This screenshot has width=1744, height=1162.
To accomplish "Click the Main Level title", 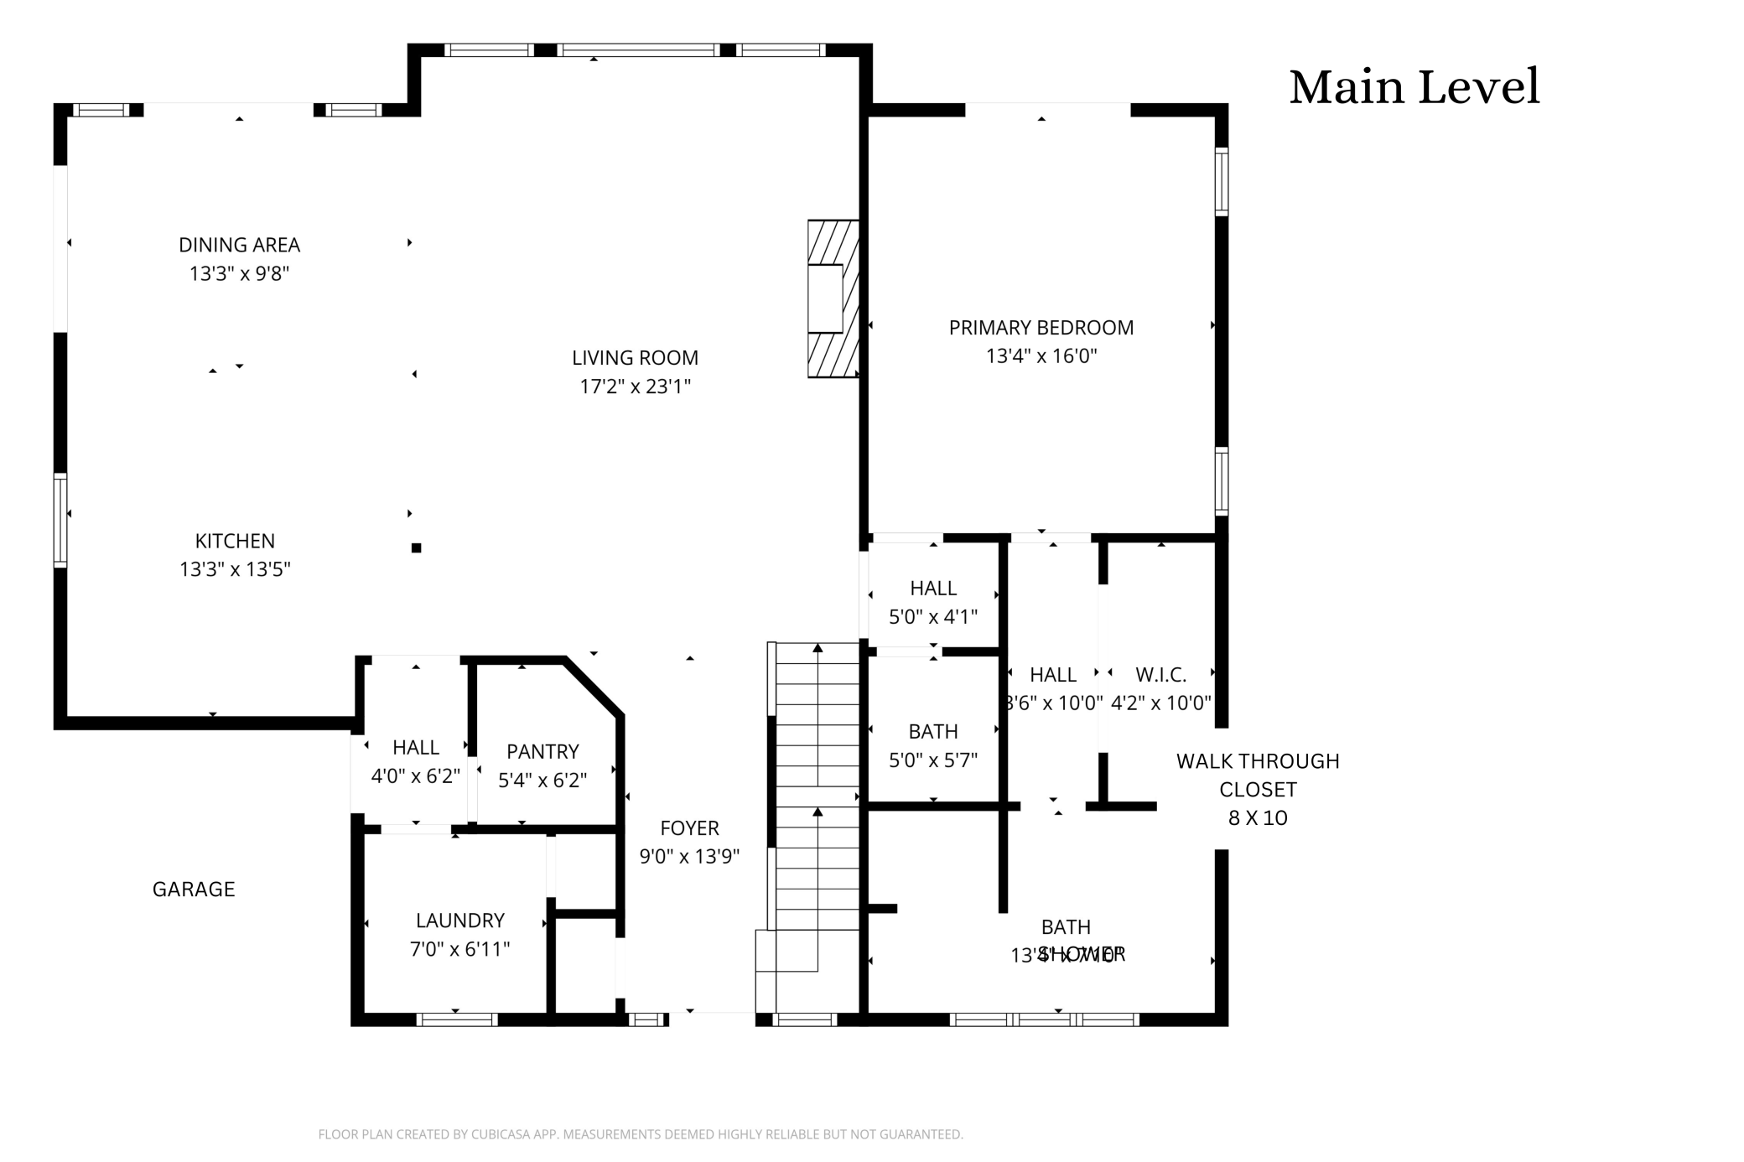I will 1414,86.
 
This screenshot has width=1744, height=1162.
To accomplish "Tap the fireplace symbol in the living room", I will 833,298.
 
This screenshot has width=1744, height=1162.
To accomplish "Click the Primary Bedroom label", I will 1041,328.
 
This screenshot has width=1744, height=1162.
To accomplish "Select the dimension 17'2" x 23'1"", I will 635,386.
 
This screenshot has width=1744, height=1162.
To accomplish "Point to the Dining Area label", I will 239,245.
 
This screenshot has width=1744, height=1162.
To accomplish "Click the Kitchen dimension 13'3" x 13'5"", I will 235,569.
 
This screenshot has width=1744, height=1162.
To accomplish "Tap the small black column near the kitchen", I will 416,548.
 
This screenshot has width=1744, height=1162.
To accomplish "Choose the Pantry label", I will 542,751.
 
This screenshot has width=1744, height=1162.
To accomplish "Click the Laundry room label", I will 459,921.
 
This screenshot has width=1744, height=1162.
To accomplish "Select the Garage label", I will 194,889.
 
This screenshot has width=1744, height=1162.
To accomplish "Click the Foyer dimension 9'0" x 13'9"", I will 689,857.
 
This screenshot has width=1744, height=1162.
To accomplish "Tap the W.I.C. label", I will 1160,675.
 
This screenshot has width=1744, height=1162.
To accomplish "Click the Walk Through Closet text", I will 1257,775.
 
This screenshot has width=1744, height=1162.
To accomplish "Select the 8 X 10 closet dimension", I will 1257,818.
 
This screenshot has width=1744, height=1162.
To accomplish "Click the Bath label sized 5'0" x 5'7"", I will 932,732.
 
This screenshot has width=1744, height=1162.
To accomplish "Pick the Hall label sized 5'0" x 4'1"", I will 932,589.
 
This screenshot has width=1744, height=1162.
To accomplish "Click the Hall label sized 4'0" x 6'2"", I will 415,748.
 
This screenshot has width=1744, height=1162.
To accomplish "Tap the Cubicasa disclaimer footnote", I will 641,1134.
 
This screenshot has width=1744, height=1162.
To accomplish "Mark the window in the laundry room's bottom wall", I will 457,1019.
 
